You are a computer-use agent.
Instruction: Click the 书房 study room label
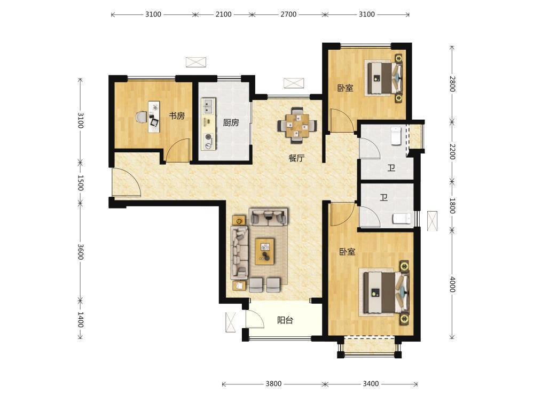click(x=177, y=116)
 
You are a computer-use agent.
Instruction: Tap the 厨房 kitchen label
click(x=231, y=122)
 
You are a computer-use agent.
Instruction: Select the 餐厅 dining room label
click(x=296, y=158)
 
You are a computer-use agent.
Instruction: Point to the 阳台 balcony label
click(x=285, y=320)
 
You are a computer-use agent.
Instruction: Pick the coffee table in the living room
click(x=265, y=251)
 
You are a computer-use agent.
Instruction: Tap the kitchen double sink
click(x=208, y=106)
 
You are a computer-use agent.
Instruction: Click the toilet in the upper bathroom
click(x=396, y=136)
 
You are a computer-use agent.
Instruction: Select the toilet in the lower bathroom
click(x=402, y=219)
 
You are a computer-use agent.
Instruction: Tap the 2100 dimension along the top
click(x=223, y=14)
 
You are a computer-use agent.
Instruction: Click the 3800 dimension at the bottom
click(x=273, y=383)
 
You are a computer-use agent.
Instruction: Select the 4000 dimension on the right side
click(x=452, y=284)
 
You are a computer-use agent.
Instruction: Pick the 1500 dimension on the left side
click(x=81, y=183)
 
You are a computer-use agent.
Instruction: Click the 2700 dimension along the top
click(x=288, y=14)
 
